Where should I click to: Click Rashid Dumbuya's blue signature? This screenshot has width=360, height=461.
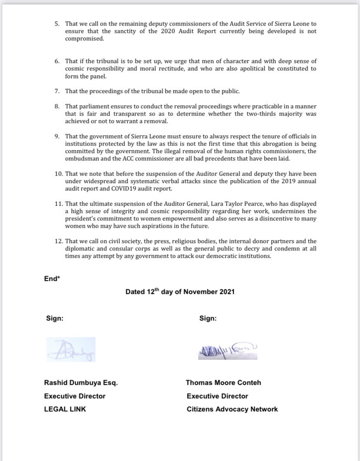coord(71,349)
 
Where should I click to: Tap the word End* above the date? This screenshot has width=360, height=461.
coord(52,279)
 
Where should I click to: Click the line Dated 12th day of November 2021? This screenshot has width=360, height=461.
coord(180,292)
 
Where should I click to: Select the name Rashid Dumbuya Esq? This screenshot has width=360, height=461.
coord(81,383)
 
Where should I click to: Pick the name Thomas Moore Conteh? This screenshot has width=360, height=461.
coord(223,383)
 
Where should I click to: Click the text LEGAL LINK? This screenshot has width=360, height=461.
coord(65,409)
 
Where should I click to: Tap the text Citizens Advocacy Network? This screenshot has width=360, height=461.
coord(232,409)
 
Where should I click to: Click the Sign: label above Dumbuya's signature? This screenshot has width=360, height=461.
coord(55,318)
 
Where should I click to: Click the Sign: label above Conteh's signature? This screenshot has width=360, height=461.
coord(208,318)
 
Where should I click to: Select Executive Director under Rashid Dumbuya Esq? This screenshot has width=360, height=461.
coord(75,396)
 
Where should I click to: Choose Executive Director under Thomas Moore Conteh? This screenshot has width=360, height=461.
coord(217,396)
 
